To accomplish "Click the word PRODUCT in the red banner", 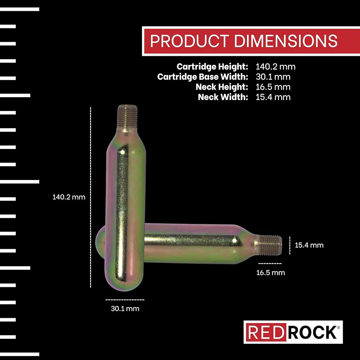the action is pos(189,41).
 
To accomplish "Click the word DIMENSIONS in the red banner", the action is pos(286,41).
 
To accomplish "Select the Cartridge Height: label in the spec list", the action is pos(212,67).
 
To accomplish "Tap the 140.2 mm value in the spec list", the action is pos(275,67).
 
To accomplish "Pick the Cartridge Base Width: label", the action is pos(203,77).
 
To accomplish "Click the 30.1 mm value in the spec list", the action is pos(273,77).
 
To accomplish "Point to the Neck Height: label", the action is pos(222,87).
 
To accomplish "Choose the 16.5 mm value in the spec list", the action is pos(273,87).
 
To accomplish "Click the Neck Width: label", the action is pos(223,97).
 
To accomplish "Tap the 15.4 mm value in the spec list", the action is pos(273,97).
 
